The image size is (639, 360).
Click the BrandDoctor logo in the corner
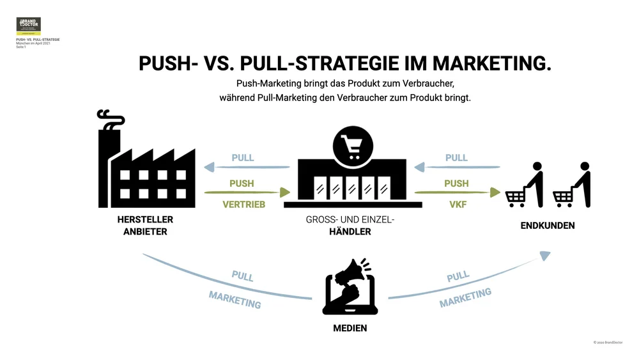[28, 26]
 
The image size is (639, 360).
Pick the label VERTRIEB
[243, 205]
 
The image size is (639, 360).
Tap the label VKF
[456, 205]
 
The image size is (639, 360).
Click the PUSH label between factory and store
[242, 184]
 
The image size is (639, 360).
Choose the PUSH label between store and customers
[456, 184]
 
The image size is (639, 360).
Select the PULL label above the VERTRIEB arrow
[243, 157]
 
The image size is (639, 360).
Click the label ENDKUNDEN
[547, 226]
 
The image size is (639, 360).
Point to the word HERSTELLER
[145, 219]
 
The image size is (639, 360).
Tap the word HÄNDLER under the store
[350, 231]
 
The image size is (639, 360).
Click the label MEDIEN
[350, 328]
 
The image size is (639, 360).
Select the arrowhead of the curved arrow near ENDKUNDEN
[544, 255]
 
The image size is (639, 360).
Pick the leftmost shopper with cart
[525, 187]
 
